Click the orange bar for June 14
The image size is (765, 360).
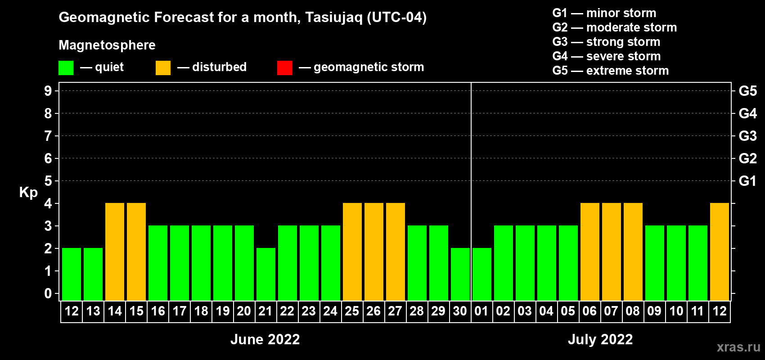pos(115,252)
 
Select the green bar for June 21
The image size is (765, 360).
pos(266,274)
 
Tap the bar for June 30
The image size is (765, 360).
pos(460,274)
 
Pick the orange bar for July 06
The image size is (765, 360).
pos(590,252)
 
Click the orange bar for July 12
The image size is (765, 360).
pos(720,252)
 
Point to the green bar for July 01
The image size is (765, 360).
pos(482,274)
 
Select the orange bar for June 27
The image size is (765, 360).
pos(396,252)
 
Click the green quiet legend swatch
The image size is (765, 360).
pos(66,67)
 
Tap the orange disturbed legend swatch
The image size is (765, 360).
pos(163,67)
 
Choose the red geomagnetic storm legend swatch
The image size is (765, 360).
pos(284,67)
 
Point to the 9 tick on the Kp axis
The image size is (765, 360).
pos(48,91)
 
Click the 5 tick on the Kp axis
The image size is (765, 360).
pos(48,181)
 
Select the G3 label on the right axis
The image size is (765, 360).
pos(747,136)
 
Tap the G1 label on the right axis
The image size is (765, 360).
pos(747,181)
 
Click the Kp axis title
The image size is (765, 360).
pos(28,193)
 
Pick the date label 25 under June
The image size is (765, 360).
pos(352,311)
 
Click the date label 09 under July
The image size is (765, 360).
pos(654,311)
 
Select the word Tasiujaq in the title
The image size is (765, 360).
pos(333,18)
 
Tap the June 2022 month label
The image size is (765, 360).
pos(265,339)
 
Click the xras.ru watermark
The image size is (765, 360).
pos(738,347)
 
